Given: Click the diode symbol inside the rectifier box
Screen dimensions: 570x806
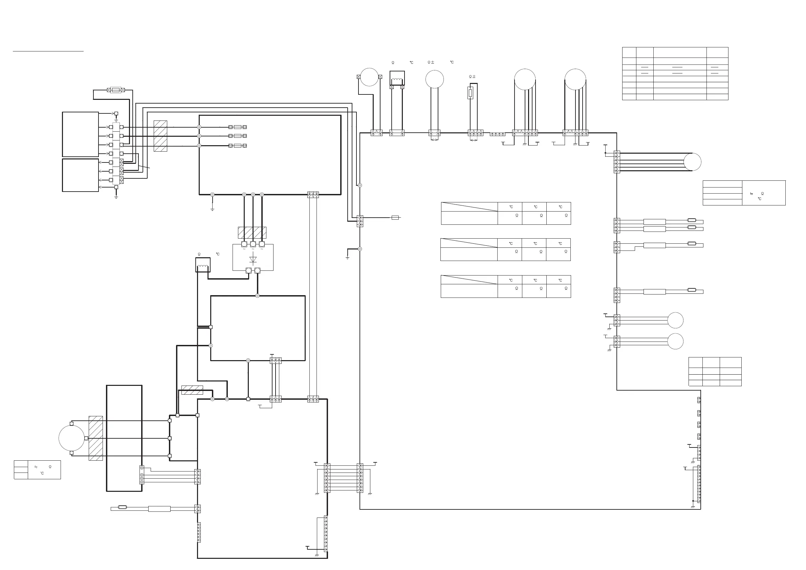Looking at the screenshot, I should coord(253,259).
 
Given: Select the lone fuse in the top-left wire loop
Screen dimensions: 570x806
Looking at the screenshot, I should coord(115,90).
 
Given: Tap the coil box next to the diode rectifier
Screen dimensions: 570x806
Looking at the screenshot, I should coord(202,265).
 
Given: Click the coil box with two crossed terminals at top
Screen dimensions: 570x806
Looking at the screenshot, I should coord(397,78).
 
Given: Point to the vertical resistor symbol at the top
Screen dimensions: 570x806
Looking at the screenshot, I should coord(471,93).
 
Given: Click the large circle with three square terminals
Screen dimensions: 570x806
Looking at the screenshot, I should coord(72,438).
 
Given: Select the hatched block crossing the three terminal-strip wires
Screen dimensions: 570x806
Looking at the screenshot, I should coord(160,136).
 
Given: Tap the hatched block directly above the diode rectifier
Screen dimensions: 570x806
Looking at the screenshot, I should coord(252,232).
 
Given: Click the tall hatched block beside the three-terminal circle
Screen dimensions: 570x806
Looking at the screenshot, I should coord(96,438).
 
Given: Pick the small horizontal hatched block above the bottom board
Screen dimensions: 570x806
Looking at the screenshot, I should coord(192,390).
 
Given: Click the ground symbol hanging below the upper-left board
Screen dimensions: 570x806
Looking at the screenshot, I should coord(212,209).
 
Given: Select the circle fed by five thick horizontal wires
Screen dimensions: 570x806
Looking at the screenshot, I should coord(692,162).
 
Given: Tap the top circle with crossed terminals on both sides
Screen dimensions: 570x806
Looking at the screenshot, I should coord(369,77).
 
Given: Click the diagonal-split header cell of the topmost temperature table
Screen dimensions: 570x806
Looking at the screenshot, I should coord(469,207).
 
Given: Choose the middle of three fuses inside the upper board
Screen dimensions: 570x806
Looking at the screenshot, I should coord(238,136).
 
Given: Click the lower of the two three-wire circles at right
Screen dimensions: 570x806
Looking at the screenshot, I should coord(675,341).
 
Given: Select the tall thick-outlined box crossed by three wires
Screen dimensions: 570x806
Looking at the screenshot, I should coord(124,438).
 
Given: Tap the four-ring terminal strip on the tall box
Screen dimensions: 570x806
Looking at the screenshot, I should coord(142,475).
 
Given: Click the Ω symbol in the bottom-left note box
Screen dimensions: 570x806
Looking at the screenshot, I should coord(50,467).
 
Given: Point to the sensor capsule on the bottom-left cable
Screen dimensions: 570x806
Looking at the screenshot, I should coord(123,507).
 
